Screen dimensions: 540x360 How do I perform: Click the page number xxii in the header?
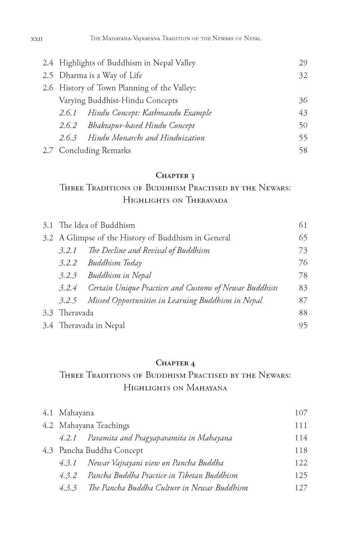[37, 39]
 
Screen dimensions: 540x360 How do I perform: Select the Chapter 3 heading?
[175, 175]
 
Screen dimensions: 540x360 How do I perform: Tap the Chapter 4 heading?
[175, 363]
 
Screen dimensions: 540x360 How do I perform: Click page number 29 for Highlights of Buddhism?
[303, 63]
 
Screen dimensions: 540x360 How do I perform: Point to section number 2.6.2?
[68, 126]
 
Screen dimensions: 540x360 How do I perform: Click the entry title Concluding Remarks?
[95, 151]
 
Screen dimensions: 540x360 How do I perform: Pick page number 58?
[303, 151]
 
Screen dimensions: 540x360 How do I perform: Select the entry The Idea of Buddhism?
[97, 225]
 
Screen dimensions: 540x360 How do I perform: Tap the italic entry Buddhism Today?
[115, 263]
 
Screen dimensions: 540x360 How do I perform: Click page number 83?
[303, 288]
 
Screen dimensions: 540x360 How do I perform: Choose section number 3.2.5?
[68, 300]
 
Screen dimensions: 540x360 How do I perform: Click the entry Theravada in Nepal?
[92, 326]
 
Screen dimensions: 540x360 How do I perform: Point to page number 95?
[303, 326]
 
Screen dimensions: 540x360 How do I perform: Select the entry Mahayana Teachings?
[94, 425]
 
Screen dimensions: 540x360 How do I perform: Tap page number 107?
[301, 413]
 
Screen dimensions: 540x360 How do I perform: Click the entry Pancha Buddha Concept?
[101, 451]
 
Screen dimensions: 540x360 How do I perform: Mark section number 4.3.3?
[68, 488]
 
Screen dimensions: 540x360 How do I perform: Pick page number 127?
[301, 488]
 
